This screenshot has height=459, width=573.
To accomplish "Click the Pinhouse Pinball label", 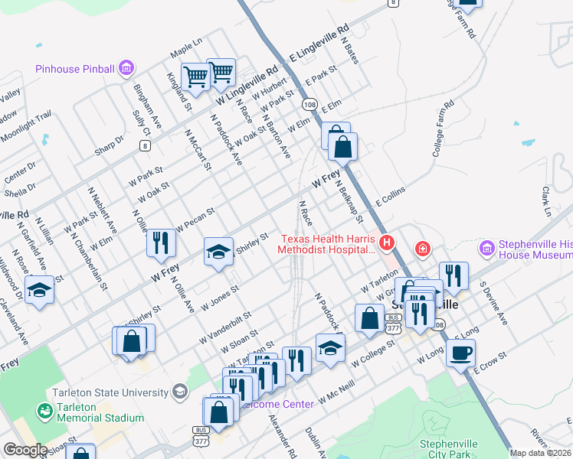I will tap(74, 70).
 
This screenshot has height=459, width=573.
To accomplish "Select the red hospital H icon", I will tap(387, 243).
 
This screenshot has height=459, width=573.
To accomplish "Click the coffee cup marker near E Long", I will tap(460, 353).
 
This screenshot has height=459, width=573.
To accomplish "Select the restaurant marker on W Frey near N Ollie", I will tap(161, 243).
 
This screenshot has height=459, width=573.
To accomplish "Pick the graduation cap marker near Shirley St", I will tap(218, 251).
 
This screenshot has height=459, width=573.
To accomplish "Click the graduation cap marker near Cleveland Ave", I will tap(39, 290).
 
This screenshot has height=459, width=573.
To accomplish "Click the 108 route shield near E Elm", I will tap(309, 103).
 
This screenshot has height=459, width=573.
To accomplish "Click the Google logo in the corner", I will tap(25, 451).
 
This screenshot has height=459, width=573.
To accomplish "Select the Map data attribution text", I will tap(541, 453).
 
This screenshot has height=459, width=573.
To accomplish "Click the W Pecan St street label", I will tap(196, 219).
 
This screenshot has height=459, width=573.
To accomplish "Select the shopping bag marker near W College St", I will tap(369, 318).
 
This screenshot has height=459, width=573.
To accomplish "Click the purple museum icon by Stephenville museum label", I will tap(486, 249).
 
